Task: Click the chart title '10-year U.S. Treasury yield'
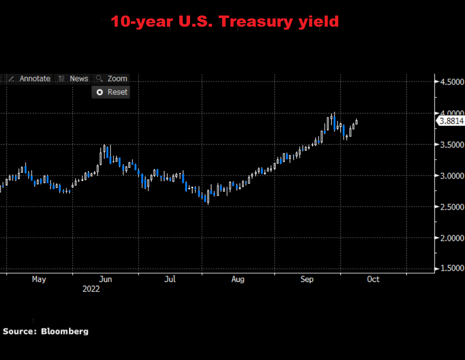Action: (224, 21)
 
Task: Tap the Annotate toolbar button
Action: (30, 79)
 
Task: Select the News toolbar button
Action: (74, 79)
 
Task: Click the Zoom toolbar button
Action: (112, 79)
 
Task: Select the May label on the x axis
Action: (39, 279)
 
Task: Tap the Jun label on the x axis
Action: (105, 279)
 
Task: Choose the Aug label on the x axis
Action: (238, 279)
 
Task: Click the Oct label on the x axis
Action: (373, 279)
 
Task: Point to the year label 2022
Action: (91, 289)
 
